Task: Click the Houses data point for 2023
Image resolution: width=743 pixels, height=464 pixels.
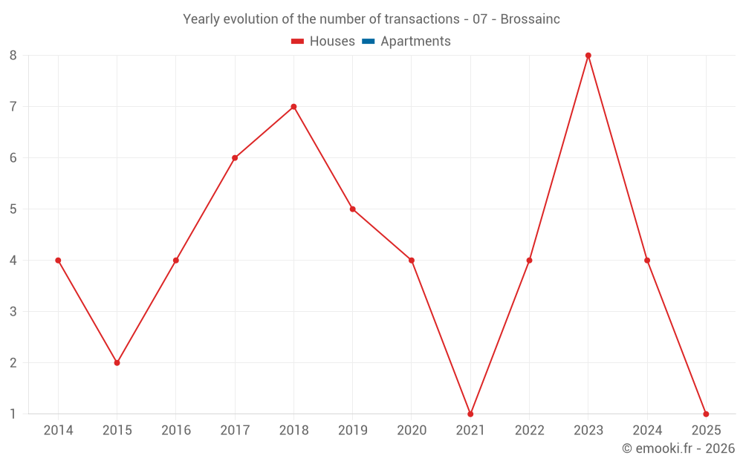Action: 588,56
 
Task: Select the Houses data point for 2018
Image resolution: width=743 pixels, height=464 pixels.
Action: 293,107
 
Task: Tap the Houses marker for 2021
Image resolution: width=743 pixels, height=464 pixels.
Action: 470,414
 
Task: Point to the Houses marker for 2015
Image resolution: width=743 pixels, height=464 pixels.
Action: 117,362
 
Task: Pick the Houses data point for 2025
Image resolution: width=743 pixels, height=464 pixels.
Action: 706,414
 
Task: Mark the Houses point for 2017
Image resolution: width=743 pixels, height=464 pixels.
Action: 235,158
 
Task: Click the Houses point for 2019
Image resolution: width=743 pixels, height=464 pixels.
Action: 353,209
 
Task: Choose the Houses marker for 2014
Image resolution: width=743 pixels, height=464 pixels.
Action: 58,261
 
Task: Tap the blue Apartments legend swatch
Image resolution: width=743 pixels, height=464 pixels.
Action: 368,42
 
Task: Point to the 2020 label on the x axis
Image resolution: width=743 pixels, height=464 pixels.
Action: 412,431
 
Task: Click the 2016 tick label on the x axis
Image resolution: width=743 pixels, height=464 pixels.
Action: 176,431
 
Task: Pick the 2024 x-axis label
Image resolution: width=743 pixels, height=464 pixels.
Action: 647,431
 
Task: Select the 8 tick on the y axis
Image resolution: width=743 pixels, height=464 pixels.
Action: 13,56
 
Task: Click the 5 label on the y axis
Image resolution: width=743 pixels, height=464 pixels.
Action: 13,209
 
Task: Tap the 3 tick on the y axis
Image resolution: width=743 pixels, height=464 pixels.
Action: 13,312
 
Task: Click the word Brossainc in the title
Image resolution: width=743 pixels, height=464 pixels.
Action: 530,19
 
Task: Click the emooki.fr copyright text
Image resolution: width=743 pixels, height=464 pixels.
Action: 678,448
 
